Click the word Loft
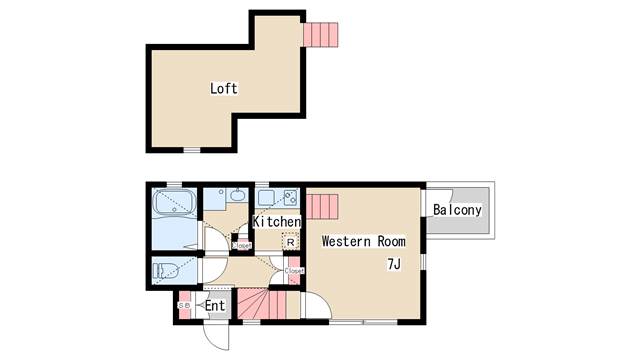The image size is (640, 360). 224,88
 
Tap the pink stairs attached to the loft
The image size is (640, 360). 322,34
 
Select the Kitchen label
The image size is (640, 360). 277,221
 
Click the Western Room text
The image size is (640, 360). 363,241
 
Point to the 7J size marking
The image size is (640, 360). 395,264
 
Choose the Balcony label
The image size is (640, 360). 458,210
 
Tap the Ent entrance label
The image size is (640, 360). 216,304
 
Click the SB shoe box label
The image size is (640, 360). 183,305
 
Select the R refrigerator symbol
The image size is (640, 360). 290,242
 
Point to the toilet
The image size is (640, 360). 165,270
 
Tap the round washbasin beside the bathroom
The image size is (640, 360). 235,196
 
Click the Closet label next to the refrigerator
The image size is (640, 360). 241,245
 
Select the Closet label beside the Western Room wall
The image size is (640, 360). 294,270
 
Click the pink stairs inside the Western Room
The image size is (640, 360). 323,208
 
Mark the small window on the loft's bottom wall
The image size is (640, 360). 192,150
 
